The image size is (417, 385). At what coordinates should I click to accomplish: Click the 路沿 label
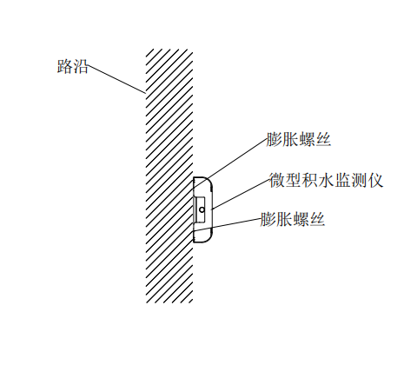click(x=72, y=67)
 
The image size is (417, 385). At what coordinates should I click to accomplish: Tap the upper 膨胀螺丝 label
click(x=298, y=140)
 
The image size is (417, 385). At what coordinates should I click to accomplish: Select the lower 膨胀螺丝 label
click(x=293, y=219)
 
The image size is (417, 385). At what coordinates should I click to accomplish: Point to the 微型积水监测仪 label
click(x=327, y=180)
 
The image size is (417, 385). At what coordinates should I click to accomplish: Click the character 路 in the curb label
click(x=64, y=67)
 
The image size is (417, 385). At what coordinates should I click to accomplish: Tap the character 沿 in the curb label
click(x=80, y=67)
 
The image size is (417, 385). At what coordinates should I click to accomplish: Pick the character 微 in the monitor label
click(x=277, y=180)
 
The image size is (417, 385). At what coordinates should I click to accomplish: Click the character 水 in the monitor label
click(x=326, y=180)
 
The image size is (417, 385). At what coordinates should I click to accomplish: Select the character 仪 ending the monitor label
click(x=375, y=180)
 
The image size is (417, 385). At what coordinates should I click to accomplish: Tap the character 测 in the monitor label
click(x=359, y=180)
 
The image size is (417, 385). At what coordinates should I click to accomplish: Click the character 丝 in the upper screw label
click(x=323, y=140)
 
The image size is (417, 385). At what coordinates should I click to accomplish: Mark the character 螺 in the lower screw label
click(x=301, y=219)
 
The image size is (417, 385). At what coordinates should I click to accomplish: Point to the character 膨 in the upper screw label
click(x=274, y=140)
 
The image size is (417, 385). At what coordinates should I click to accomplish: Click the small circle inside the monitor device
click(x=202, y=209)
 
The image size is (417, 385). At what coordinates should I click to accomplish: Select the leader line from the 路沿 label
click(x=116, y=79)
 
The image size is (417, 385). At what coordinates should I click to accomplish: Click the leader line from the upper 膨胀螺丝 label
click(x=229, y=163)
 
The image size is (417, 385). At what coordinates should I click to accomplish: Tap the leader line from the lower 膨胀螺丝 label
click(x=227, y=225)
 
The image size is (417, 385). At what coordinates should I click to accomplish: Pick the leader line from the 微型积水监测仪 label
click(x=241, y=194)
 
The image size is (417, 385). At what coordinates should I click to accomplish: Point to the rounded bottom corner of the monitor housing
click(x=208, y=238)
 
